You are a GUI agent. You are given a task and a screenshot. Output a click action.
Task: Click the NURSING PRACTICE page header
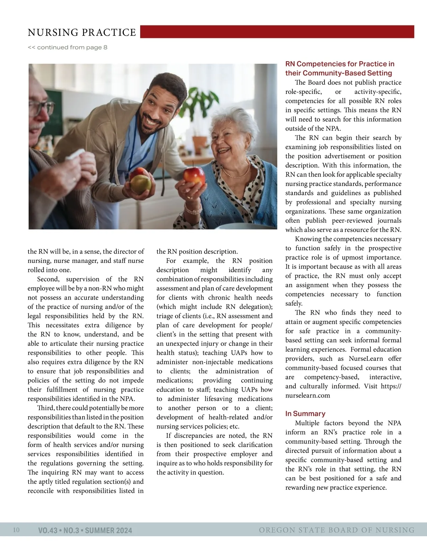(82, 32)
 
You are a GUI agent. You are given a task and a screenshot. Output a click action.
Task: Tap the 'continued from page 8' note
(67, 47)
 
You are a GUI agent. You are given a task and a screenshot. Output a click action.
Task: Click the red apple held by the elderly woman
(194, 175)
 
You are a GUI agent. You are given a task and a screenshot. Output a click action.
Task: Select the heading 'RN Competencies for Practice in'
(339, 64)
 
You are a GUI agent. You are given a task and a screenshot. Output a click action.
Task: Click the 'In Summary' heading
(305, 413)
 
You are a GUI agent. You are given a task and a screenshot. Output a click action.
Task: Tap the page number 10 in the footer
(16, 530)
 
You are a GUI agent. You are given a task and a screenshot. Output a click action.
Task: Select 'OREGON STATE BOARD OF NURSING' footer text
(336, 530)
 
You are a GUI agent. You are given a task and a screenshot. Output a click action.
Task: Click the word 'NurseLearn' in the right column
(366, 359)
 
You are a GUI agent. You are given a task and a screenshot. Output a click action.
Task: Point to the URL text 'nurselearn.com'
(307, 395)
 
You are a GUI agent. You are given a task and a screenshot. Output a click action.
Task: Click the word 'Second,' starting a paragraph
(48, 279)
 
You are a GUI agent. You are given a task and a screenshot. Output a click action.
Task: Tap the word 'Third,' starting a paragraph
(46, 408)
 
